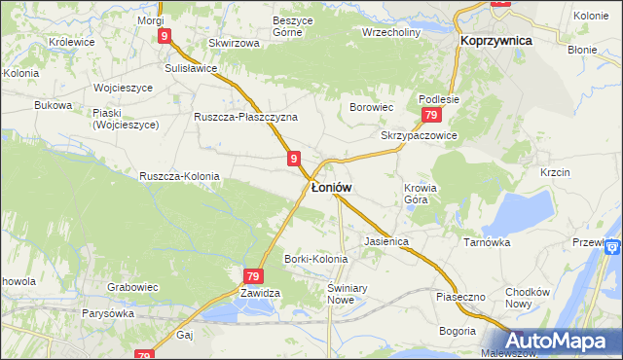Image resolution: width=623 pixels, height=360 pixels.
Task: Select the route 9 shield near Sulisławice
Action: click(165, 36)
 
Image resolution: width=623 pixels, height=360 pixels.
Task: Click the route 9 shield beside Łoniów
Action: click(293, 158)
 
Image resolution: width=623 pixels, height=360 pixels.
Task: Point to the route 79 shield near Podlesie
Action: click(430, 115)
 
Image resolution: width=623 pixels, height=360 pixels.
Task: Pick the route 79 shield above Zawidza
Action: click(252, 276)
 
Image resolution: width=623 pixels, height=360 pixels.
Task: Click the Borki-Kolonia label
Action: click(315, 259)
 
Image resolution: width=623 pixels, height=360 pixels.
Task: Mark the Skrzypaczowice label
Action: click(420, 136)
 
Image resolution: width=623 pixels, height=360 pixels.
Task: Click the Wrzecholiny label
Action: click(390, 31)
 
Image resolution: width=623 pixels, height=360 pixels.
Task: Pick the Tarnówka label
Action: click(487, 242)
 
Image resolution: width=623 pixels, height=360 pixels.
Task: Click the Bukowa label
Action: click(54, 104)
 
